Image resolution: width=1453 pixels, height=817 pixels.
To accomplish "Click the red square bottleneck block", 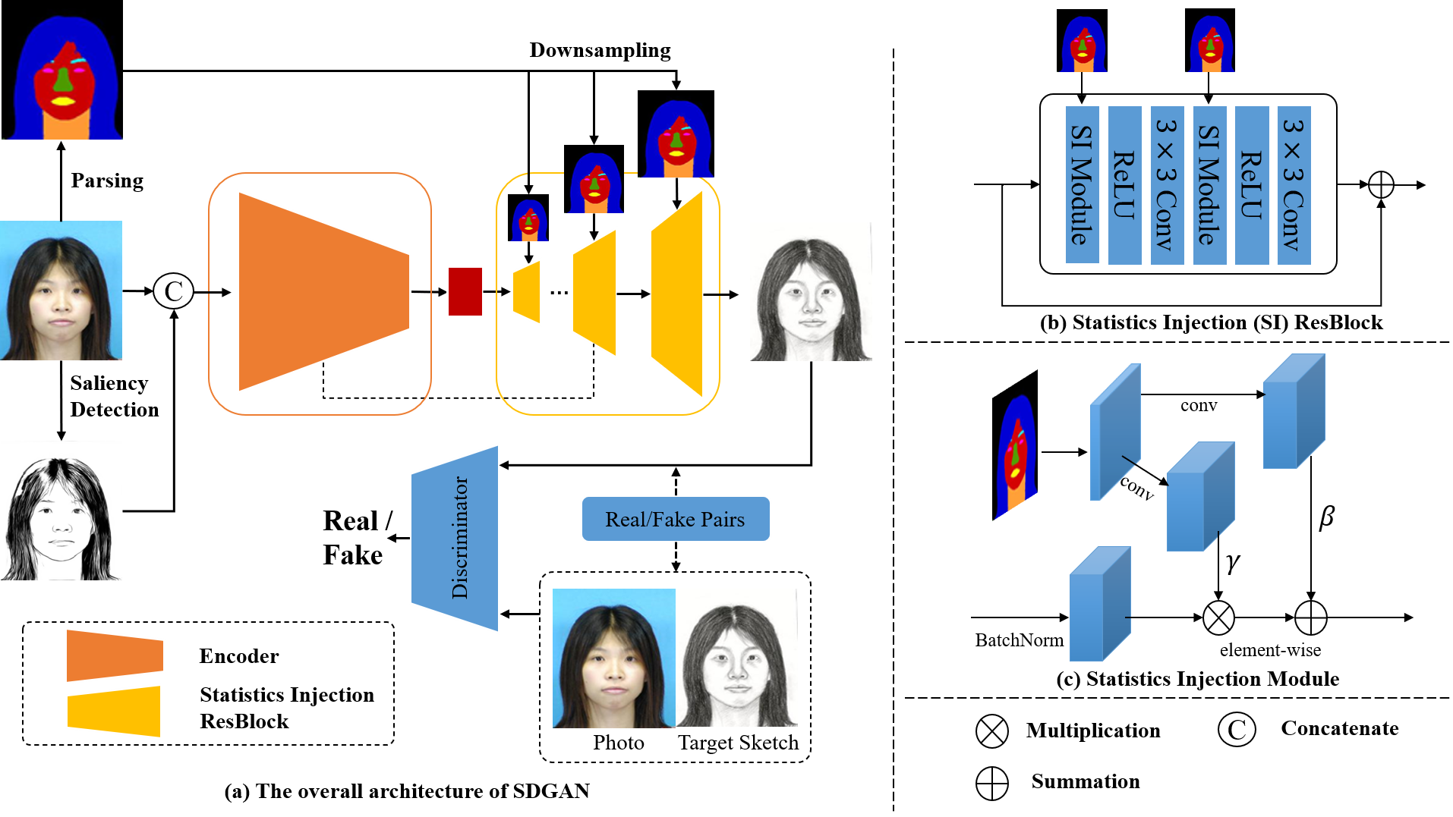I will click(465, 291).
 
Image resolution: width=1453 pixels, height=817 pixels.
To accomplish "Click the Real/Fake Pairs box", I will click(675, 519).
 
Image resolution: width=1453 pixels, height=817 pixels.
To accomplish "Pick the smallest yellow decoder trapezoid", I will click(528, 292).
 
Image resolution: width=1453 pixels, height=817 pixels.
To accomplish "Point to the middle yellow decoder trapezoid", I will click(596, 293).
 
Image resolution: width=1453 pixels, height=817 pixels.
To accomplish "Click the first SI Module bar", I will click(1082, 185).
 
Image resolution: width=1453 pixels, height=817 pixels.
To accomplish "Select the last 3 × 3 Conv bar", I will click(1294, 185).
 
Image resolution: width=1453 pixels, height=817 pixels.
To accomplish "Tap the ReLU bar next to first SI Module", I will click(1124, 185).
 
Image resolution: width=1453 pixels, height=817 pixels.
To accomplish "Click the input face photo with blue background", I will click(61, 291).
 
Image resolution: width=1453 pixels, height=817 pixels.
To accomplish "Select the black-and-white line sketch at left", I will click(61, 511).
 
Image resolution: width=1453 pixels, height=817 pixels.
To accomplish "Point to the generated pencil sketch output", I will click(811, 291).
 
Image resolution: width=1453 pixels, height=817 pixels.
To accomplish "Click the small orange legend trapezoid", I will click(115, 655).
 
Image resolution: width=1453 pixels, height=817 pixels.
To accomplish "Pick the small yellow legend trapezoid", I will click(115, 712).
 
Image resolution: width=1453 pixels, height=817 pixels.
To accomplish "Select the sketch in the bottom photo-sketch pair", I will click(736, 658).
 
